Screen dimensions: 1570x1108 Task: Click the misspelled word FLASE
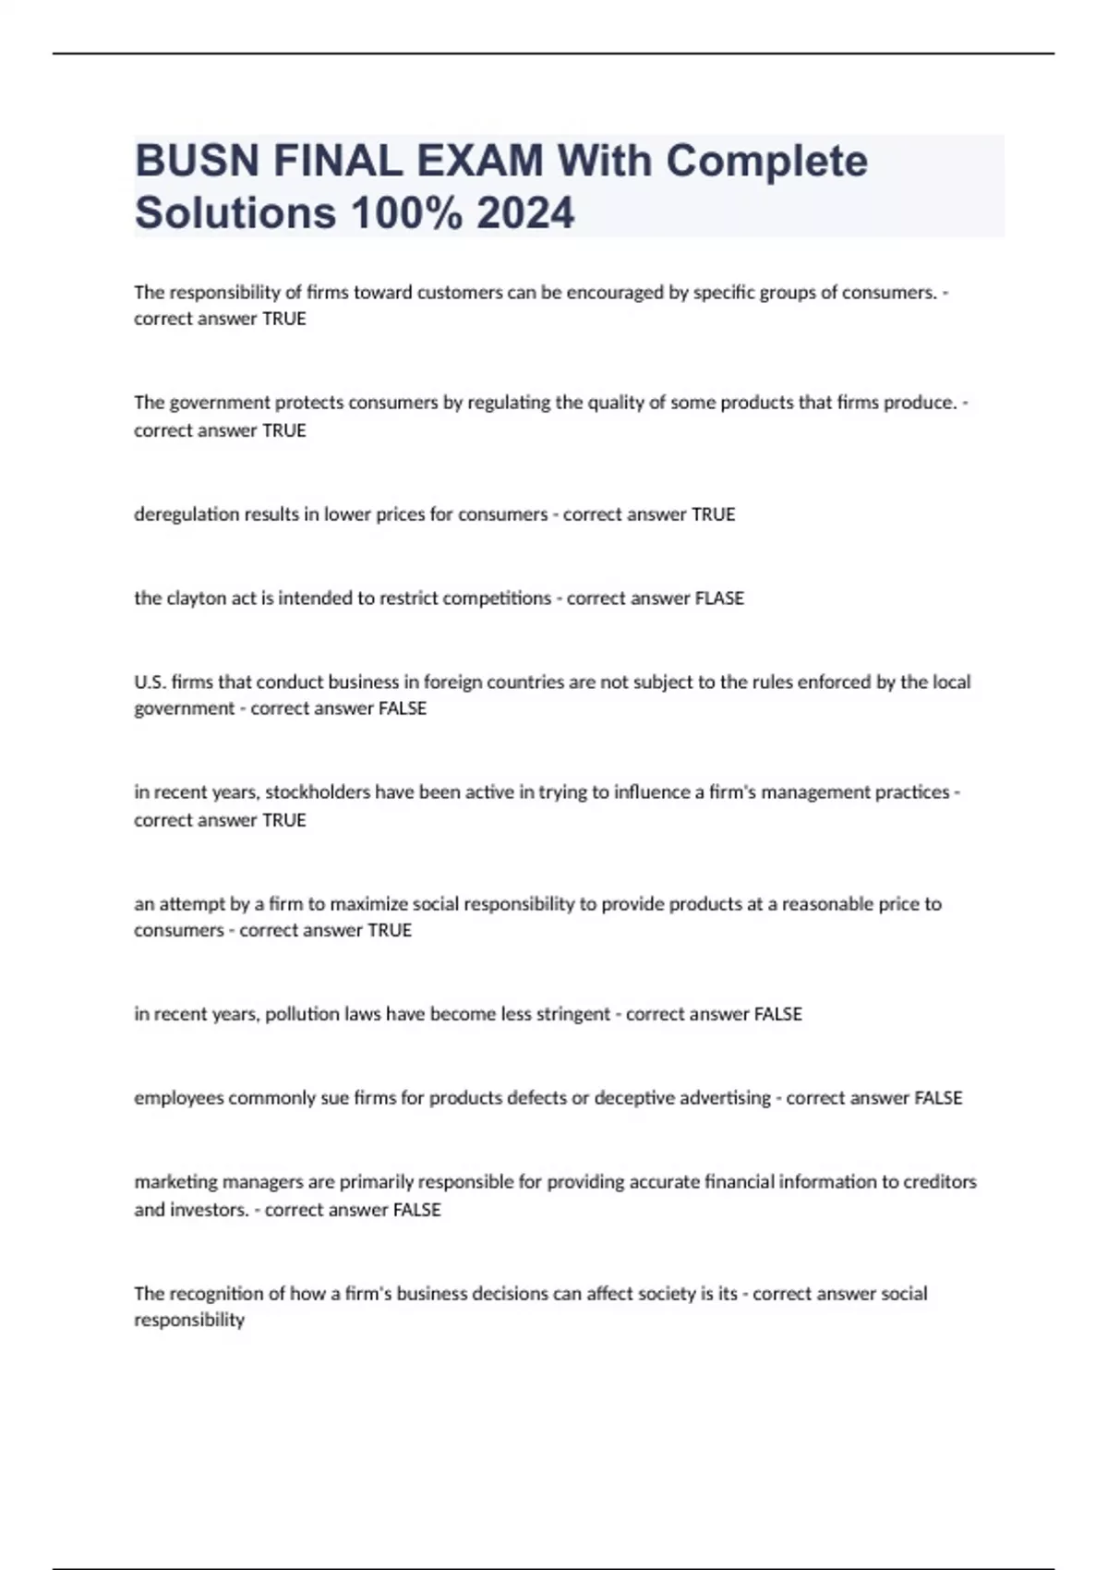tap(718, 598)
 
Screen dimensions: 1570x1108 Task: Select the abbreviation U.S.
tap(150, 682)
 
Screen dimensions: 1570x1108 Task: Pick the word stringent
tap(573, 1014)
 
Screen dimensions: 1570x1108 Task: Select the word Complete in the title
tap(766, 161)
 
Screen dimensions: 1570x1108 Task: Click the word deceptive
tap(634, 1098)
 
